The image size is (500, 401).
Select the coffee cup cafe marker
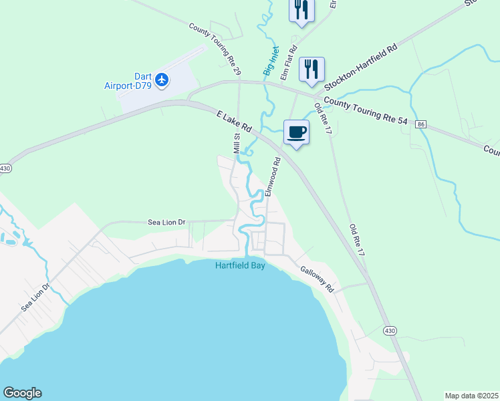[296, 132]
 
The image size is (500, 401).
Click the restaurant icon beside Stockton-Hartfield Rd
[311, 69]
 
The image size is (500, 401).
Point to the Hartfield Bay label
[240, 265]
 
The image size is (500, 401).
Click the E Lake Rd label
[233, 121]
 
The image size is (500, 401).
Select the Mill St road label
[237, 144]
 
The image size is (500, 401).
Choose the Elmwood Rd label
[271, 176]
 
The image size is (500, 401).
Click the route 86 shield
[420, 124]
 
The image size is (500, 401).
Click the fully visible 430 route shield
[390, 330]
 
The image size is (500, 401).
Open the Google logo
[22, 393]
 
